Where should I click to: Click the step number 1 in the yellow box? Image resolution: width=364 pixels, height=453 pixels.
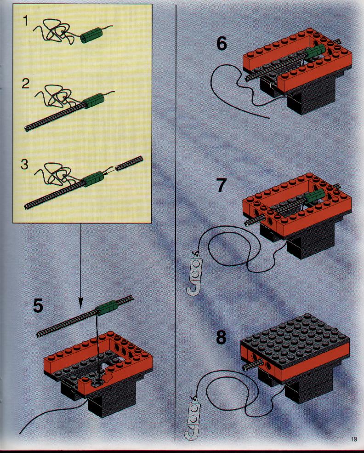tap(26, 21)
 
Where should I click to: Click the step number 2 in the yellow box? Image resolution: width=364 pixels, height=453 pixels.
tap(25, 84)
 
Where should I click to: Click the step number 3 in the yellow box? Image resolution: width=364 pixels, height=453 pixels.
tap(25, 164)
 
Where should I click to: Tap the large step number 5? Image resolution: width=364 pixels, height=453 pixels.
tap(38, 306)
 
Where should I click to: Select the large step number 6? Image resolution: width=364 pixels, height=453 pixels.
tap(222, 44)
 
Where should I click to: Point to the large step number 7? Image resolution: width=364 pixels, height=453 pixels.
tap(221, 185)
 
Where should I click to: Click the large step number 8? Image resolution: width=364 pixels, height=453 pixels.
tap(221, 338)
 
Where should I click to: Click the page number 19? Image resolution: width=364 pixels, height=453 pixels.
tap(354, 439)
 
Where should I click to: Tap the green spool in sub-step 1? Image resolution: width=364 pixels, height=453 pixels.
tap(90, 35)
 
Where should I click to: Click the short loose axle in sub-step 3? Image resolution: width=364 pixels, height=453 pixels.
tap(129, 163)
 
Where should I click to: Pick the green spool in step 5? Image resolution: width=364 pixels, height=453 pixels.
tap(107, 307)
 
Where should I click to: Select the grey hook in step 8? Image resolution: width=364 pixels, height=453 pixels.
tap(193, 417)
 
